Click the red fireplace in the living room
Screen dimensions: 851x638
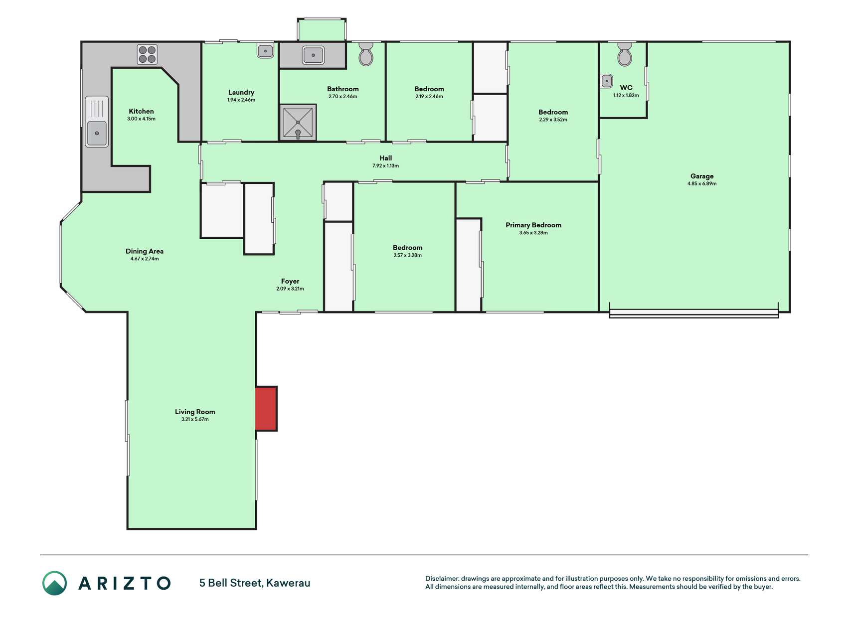point(266,409)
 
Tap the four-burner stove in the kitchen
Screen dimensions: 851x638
point(147,55)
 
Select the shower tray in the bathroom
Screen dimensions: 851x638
point(298,122)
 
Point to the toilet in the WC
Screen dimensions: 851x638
point(625,54)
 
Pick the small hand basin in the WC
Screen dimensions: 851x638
point(607,81)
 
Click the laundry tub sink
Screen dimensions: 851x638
point(265,51)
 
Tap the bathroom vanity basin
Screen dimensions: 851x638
point(313,55)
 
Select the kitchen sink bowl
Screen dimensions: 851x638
point(97,134)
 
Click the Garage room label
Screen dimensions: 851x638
point(702,176)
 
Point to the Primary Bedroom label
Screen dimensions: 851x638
point(533,225)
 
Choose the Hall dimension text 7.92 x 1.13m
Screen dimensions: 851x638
point(385,166)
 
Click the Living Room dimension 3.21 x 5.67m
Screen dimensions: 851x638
point(195,420)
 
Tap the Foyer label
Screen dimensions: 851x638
point(290,281)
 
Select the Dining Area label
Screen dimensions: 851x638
point(145,251)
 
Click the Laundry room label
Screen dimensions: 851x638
point(241,92)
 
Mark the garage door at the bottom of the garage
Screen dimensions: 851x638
point(694,314)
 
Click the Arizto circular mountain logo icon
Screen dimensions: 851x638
point(54,583)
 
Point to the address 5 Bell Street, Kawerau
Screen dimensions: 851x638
point(255,583)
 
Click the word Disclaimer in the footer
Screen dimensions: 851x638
point(442,579)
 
